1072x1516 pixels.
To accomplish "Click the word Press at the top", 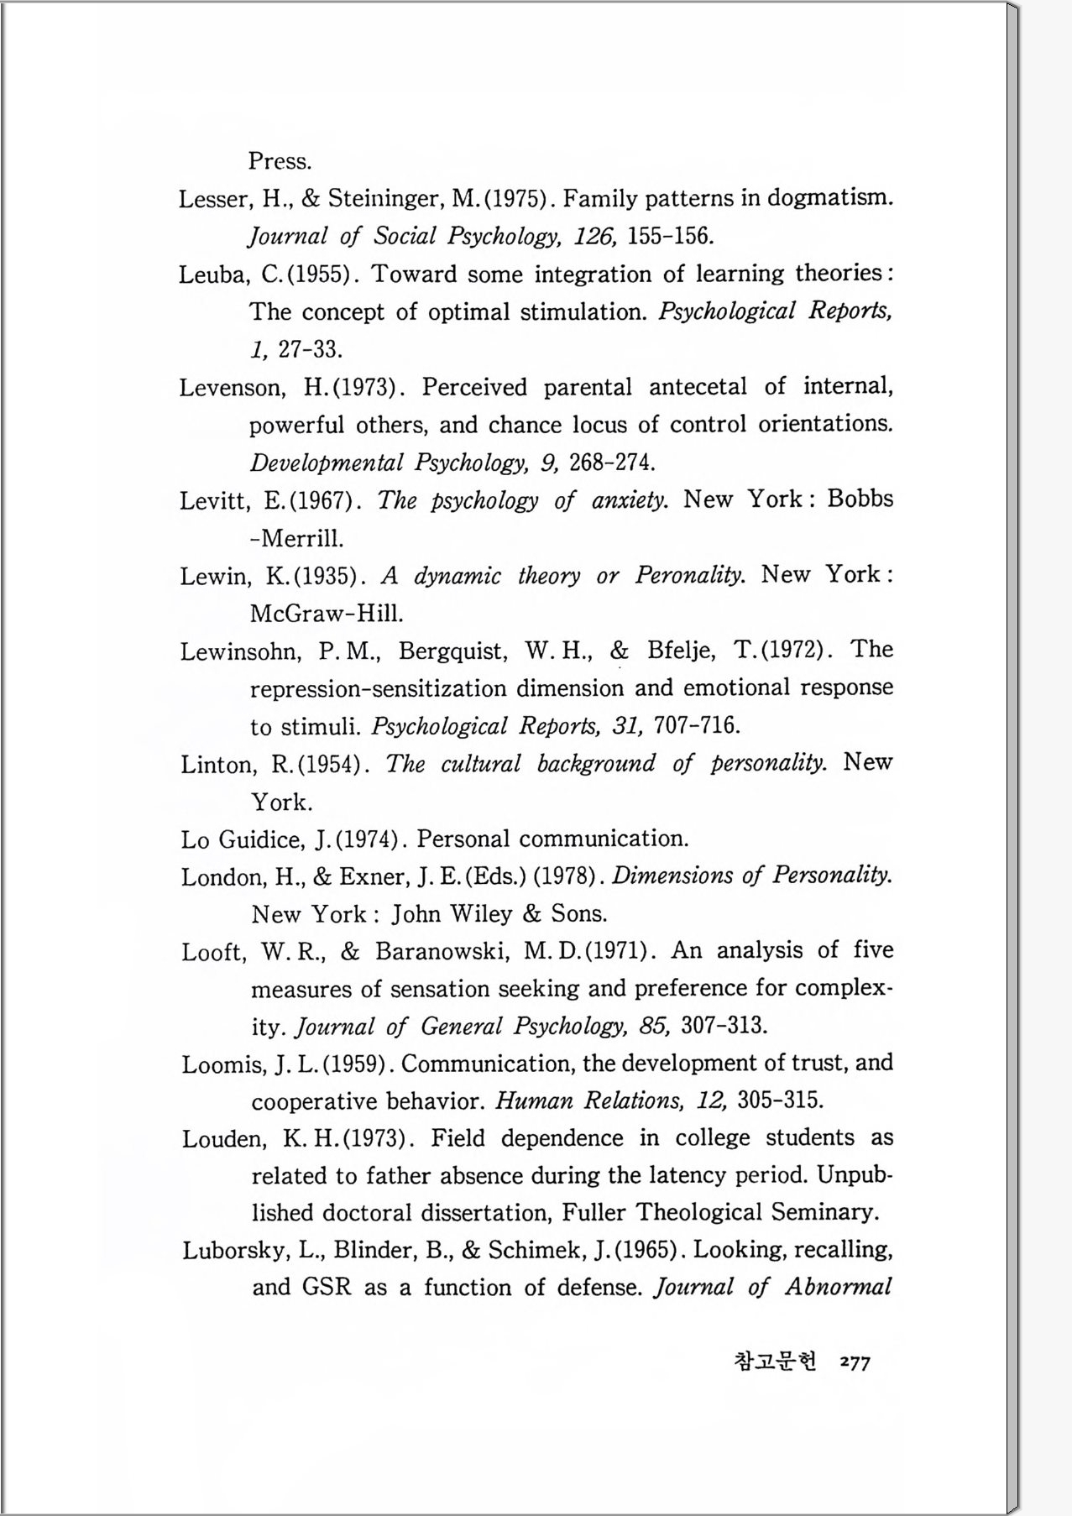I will pyautogui.click(x=280, y=161).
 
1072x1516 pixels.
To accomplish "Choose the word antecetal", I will pyautogui.click(x=697, y=387).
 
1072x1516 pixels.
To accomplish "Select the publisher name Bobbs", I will pyautogui.click(x=860, y=499).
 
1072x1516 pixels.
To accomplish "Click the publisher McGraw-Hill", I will pyautogui.click(x=327, y=614).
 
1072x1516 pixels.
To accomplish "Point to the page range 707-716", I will pyautogui.click(x=697, y=725).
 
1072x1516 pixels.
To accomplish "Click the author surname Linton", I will pyautogui.click(x=218, y=765).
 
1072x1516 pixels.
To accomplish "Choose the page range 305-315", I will pyautogui.click(x=780, y=1100).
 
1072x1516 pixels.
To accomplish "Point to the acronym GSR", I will pyautogui.click(x=327, y=1287).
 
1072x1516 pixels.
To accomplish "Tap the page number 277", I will pyautogui.click(x=855, y=1363).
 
